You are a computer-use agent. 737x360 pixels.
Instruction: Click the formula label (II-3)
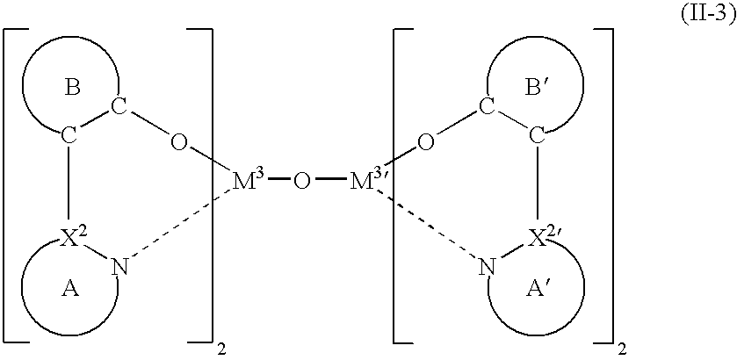(x=708, y=16)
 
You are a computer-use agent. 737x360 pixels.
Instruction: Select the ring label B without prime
(x=72, y=88)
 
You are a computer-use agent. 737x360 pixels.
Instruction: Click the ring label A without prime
(x=70, y=291)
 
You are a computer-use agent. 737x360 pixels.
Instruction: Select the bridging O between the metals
(x=302, y=182)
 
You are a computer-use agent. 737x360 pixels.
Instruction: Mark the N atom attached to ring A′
(x=488, y=267)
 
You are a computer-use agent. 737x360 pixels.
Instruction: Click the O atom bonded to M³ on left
(x=178, y=142)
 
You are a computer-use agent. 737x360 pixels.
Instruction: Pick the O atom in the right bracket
(x=425, y=142)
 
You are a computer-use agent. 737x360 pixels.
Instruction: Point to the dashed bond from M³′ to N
(x=427, y=224)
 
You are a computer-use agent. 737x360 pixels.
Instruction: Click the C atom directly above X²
(x=69, y=136)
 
